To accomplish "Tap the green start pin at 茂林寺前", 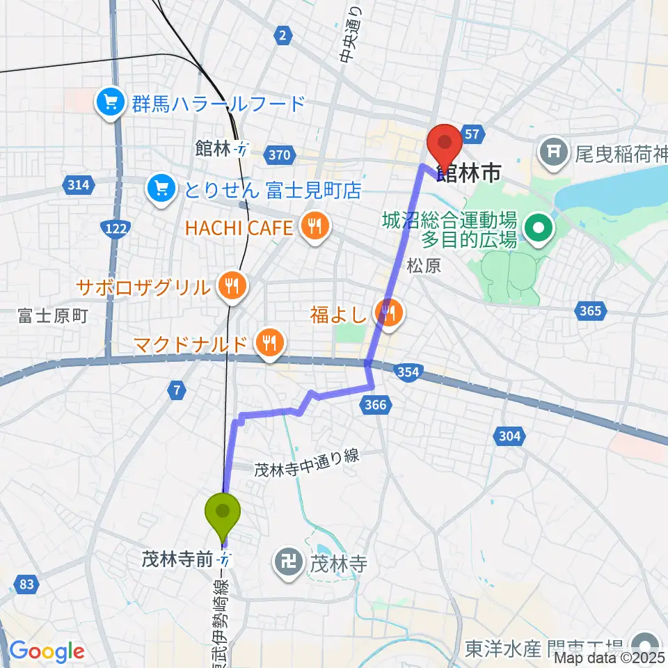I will (223, 514).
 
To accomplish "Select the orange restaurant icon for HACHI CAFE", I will (315, 226).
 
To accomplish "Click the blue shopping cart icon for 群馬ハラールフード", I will (111, 103).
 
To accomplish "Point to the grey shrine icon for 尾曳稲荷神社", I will (555, 148).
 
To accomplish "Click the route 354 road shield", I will (408, 372).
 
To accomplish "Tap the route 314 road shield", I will (77, 185).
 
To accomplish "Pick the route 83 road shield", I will (26, 585).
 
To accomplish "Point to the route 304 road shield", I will (509, 436).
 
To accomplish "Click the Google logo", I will (47, 651).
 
